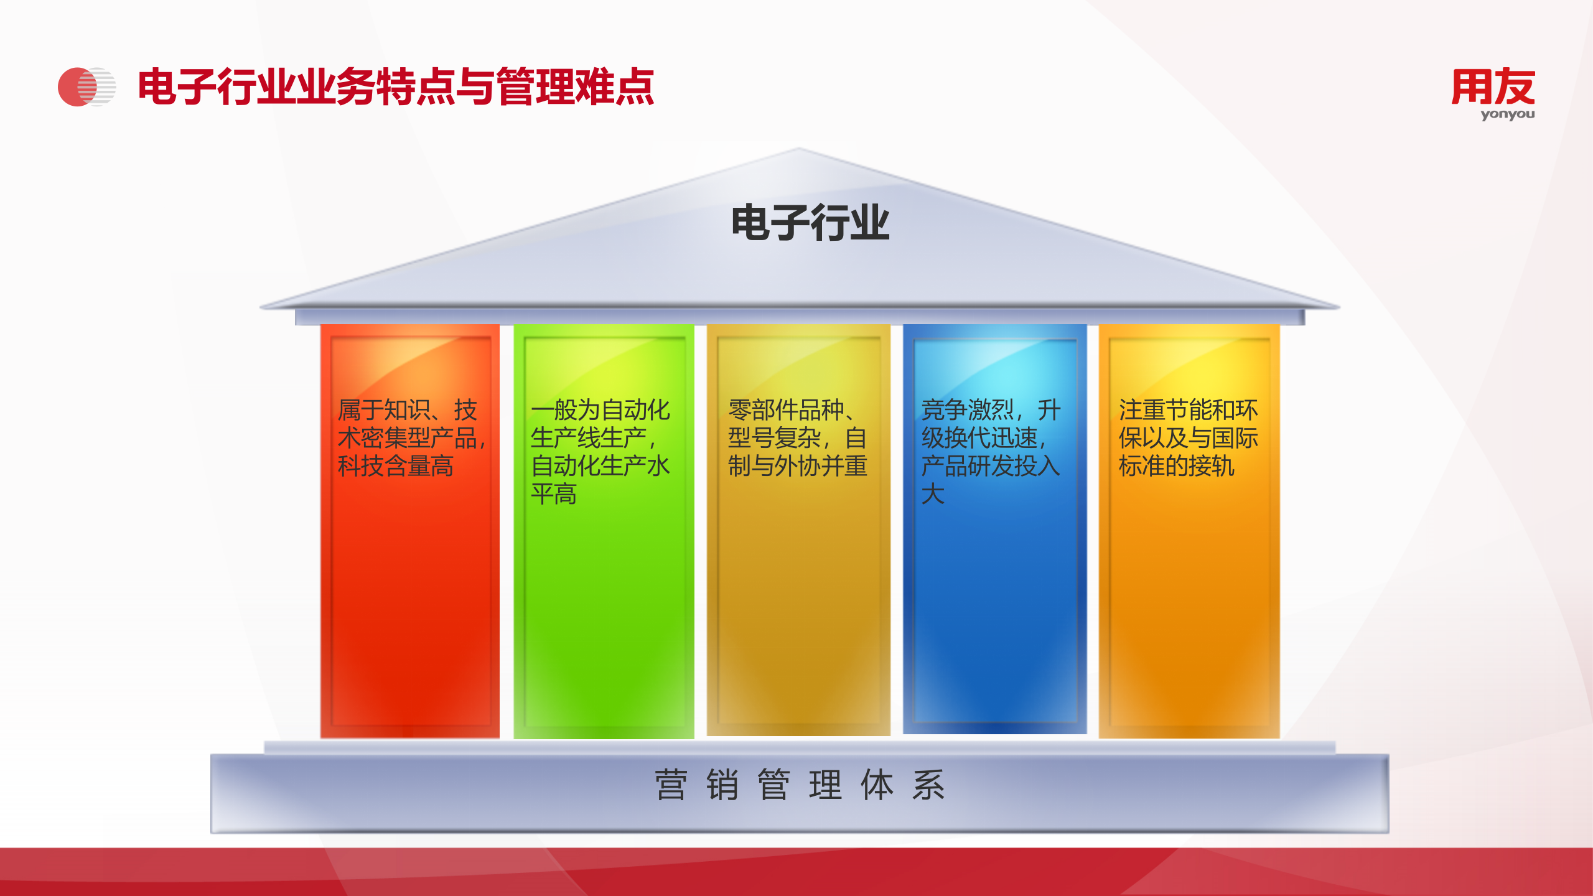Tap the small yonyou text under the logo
pos(1507,114)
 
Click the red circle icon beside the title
pos(77,87)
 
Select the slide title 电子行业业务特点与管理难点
pos(396,87)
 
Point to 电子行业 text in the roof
pos(810,223)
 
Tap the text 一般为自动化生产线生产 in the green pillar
pos(600,423)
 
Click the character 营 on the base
pos(671,785)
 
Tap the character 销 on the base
pos(722,785)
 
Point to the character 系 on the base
pos(928,785)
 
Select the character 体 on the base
pos(877,785)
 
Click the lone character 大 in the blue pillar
pos(933,494)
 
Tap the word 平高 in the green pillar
pos(554,494)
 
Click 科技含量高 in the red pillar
pos(396,466)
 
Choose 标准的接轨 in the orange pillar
pos(1176,466)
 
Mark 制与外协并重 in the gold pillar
pos(798,466)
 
